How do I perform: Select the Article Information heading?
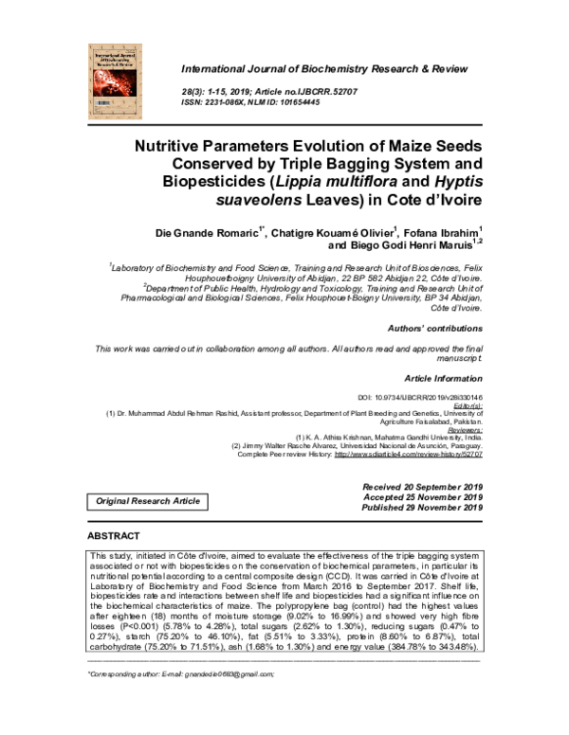pos(443,376)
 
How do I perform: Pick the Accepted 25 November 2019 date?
pos(422,497)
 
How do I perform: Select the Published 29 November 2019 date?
pos(420,508)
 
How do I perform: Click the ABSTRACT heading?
pos(115,536)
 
